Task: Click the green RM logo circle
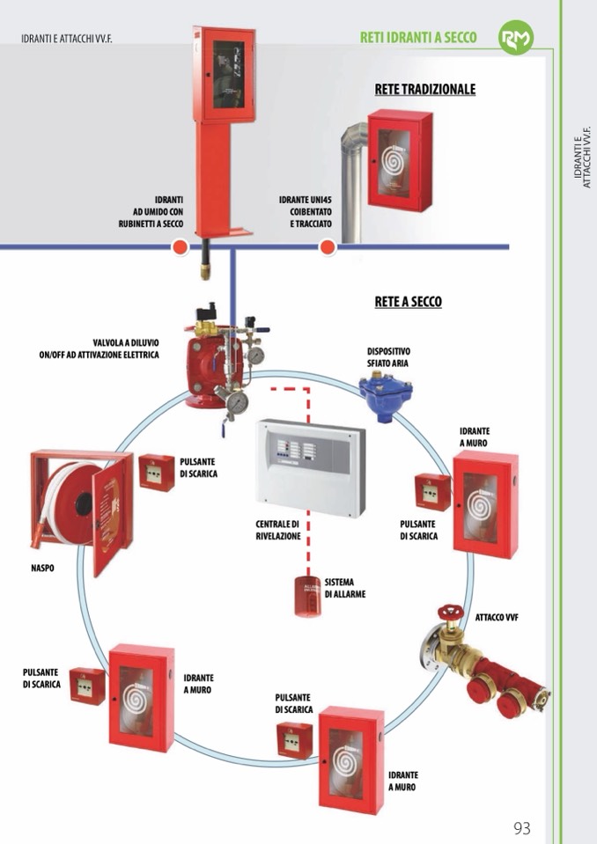[x=516, y=38]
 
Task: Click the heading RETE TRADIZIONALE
[x=424, y=89]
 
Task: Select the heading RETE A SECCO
[x=408, y=302]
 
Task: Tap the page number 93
[x=521, y=828]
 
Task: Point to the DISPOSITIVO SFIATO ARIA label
[x=388, y=356]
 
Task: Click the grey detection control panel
[x=311, y=466]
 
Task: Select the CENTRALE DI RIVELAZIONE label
[x=278, y=530]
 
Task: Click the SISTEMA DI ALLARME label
[x=345, y=588]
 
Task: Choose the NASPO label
[x=42, y=569]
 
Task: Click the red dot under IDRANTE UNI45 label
[x=328, y=247]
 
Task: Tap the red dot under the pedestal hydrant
[x=179, y=247]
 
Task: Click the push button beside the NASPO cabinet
[x=157, y=473]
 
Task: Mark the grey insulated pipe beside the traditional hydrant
[x=353, y=176]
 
